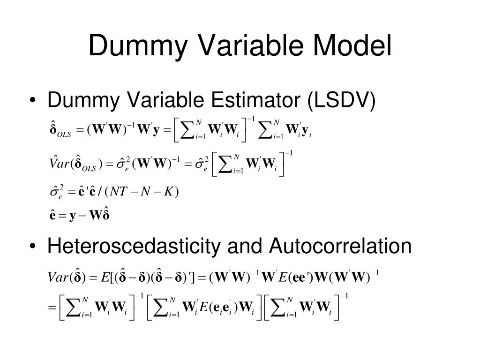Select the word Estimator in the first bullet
(x=247, y=101)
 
